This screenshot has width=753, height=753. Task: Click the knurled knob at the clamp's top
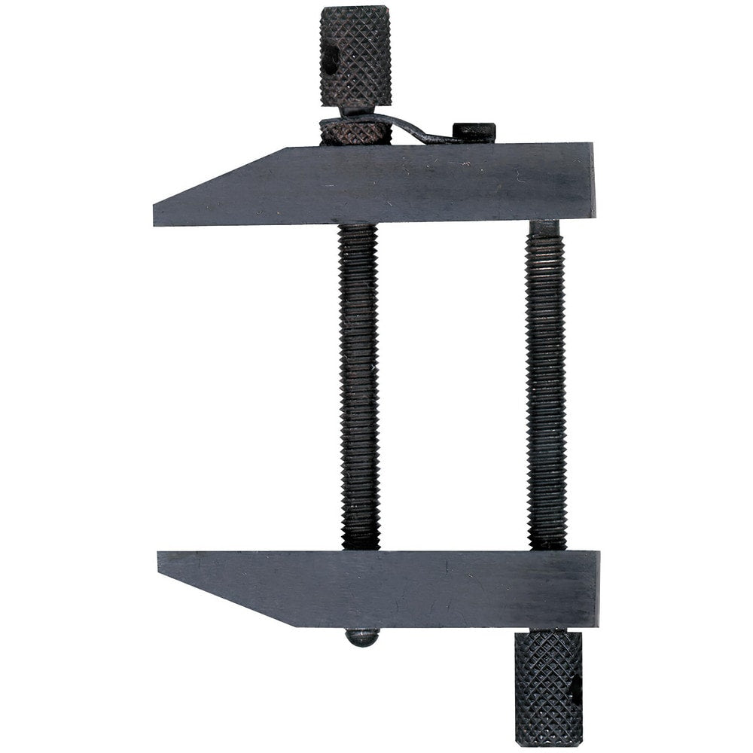point(355,56)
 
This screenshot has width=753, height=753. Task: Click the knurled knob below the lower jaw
point(548,687)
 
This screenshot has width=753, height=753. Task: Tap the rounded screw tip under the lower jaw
point(362,638)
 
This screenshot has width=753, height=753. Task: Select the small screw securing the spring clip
point(474,131)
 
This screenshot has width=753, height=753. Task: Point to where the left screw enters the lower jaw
point(360,548)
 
